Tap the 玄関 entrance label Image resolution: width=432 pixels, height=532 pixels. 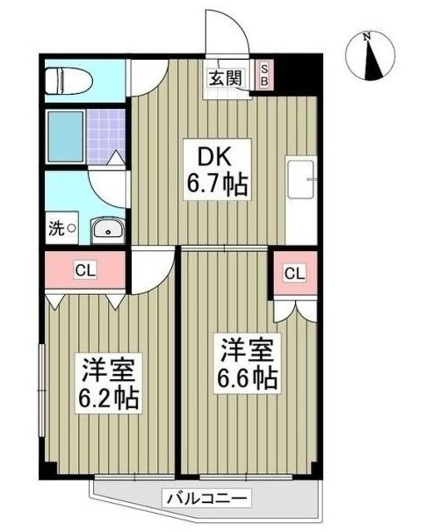point(225,78)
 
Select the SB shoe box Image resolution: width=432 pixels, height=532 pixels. point(265,76)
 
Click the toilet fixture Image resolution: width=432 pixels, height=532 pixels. point(66,81)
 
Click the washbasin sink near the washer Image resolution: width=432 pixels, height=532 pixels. point(107,229)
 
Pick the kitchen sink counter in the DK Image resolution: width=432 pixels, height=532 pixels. point(301,180)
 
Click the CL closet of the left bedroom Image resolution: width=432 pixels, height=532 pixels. point(84,271)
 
